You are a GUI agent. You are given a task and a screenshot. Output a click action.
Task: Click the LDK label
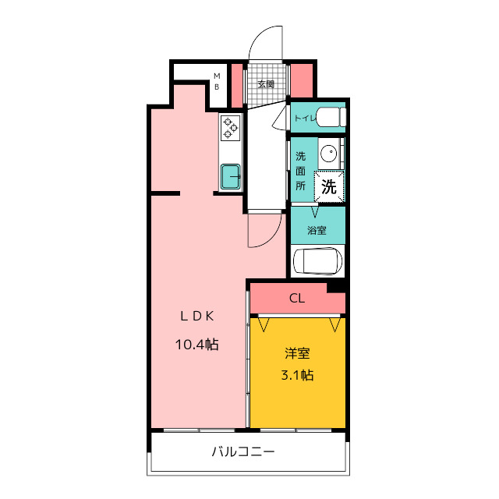197,316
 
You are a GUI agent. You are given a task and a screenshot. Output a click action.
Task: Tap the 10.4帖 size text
197,345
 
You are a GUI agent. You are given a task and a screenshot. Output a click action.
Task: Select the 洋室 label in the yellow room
297,353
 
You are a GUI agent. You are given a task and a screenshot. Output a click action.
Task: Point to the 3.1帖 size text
297,375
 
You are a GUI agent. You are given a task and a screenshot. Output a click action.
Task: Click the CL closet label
297,298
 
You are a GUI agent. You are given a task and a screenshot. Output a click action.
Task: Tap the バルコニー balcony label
243,451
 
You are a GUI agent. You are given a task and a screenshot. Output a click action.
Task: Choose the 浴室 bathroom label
317,230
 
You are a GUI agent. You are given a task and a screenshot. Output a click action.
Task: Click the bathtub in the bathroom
317,261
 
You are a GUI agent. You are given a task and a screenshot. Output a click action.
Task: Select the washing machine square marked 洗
329,186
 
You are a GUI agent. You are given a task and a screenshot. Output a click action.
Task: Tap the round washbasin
329,154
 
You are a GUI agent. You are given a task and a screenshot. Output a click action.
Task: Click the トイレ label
305,119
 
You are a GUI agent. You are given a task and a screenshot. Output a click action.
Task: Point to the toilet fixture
331,117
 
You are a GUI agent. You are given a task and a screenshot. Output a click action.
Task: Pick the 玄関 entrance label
266,84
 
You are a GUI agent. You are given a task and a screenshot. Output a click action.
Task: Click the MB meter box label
217,81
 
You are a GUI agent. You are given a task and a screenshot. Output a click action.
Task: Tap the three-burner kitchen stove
231,128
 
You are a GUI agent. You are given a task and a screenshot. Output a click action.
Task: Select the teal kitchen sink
231,176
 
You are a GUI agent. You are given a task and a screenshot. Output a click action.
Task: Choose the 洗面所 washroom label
300,171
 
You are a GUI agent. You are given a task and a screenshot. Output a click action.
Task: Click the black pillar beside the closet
336,288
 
